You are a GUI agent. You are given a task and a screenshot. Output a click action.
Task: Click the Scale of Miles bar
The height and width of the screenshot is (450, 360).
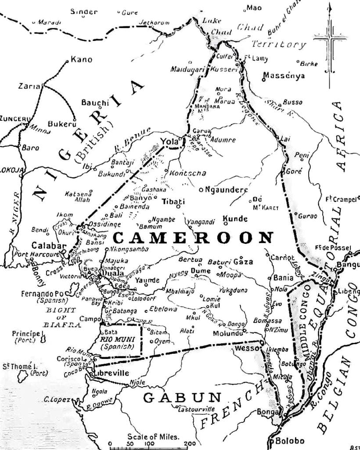pyautogui.click(x=149, y=446)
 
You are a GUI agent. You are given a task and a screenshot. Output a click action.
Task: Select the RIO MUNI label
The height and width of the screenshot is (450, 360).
pyautogui.click(x=115, y=339)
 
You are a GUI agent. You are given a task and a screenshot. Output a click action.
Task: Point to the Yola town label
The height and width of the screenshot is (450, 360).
pyautogui.click(x=168, y=142)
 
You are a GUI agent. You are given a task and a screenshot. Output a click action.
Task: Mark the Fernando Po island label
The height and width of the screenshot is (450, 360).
pyautogui.click(x=41, y=293)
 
